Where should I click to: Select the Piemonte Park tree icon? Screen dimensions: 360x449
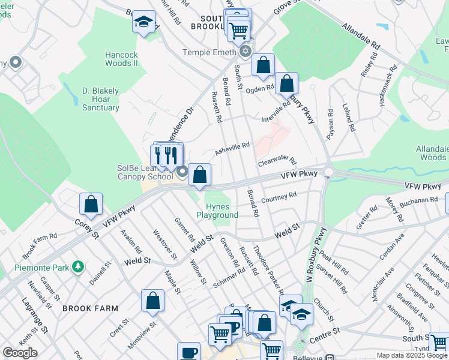77,266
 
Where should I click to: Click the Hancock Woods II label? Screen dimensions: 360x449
122,59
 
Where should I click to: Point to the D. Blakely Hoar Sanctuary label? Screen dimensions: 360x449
100,99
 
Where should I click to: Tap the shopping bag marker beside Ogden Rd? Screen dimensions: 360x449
287,83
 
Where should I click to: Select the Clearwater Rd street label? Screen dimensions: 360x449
277,162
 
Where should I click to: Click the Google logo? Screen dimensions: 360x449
20,353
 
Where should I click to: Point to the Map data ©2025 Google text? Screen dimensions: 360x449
411,355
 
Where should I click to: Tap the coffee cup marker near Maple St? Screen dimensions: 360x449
188,352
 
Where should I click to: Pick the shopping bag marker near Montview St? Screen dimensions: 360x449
153,301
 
